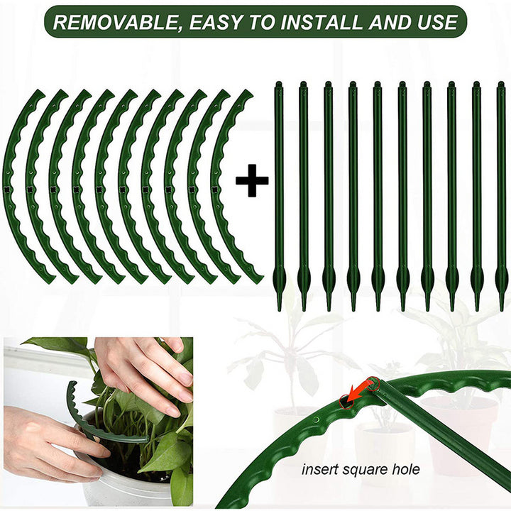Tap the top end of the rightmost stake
click(x=500, y=85)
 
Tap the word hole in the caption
click(x=403, y=469)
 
